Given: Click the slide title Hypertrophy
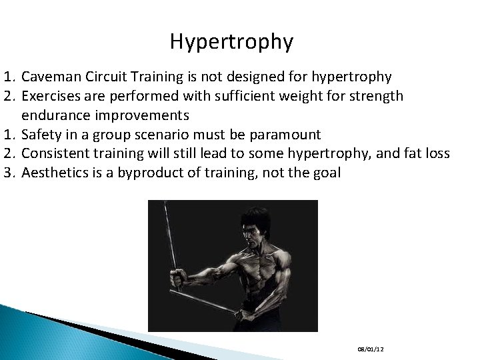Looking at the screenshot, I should pos(231,42).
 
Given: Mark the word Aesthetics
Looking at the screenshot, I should pos(55,173).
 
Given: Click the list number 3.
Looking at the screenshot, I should pos(8,173).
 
